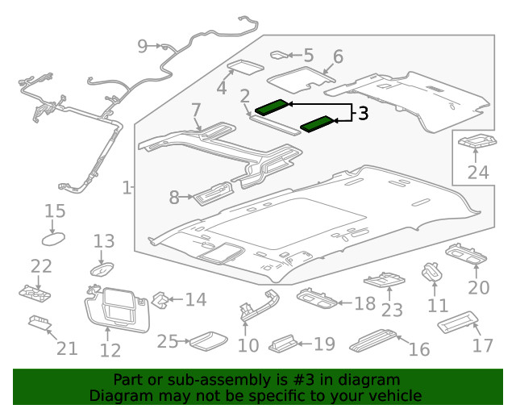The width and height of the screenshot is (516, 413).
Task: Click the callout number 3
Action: click(363, 114)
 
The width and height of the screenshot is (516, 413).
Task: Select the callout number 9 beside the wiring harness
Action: click(143, 46)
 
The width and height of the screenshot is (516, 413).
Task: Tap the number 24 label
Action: click(478, 172)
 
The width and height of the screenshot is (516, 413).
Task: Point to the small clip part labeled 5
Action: click(279, 55)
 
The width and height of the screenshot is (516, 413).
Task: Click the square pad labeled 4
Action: click(243, 68)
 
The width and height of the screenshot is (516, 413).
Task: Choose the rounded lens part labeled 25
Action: click(200, 340)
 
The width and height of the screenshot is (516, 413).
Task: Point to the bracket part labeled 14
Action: click(162, 300)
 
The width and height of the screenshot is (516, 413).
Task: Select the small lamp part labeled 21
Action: click(39, 322)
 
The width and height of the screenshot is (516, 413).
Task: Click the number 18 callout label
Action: click(365, 303)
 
